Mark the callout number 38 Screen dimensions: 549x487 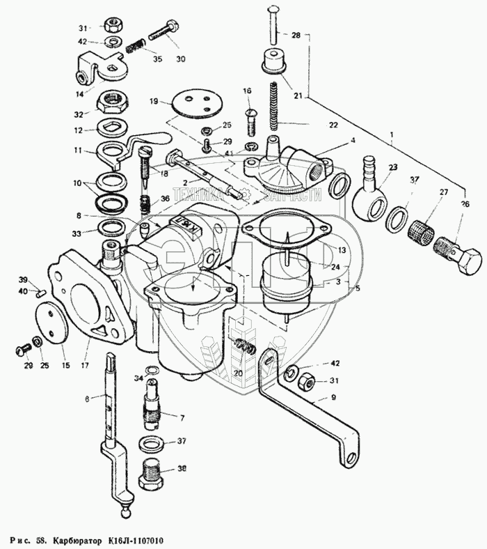182,469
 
